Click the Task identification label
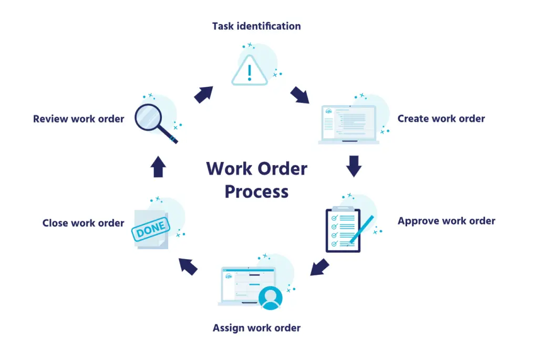click(256, 26)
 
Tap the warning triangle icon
click(250, 71)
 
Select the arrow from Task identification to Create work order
click(300, 95)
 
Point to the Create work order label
click(441, 119)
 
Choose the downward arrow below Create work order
click(354, 166)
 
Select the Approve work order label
click(446, 221)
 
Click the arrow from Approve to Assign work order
click(319, 267)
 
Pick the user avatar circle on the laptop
click(271, 297)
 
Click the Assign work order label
click(256, 328)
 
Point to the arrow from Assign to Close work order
click(188, 266)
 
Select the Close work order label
click(83, 223)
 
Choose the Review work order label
click(78, 119)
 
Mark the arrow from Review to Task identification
click(203, 94)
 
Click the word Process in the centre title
click(256, 191)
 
